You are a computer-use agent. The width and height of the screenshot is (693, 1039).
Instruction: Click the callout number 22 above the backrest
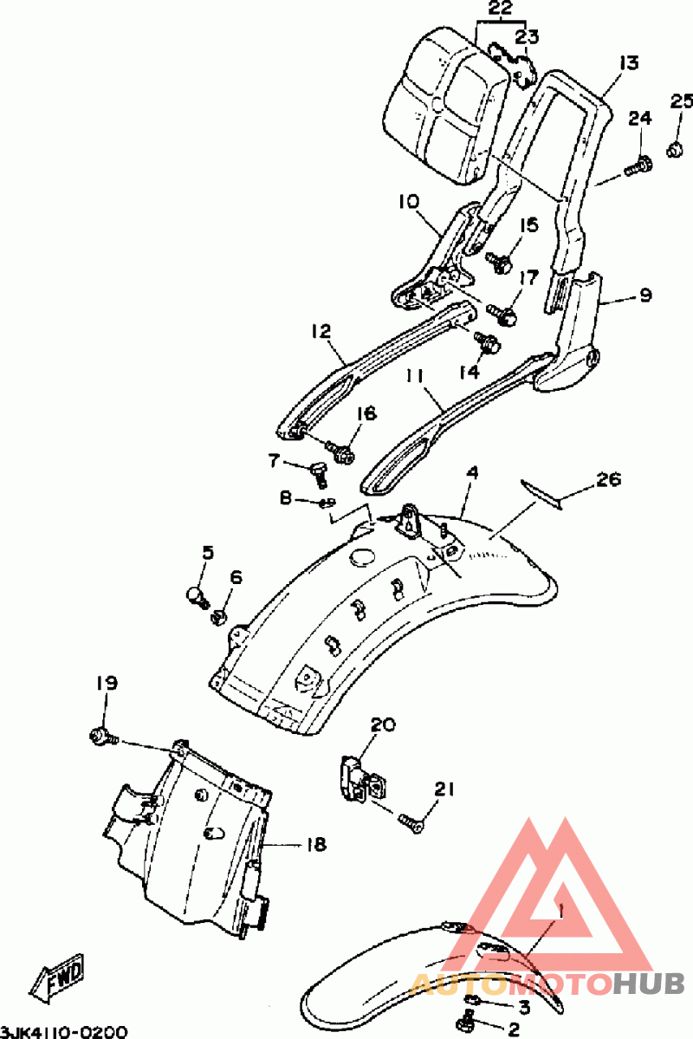pyautogui.click(x=500, y=9)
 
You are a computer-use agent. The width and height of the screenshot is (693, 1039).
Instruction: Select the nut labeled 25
pyautogui.click(x=675, y=150)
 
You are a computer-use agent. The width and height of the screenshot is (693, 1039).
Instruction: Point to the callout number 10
pyautogui.click(x=410, y=201)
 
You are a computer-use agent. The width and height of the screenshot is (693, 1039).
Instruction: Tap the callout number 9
pyautogui.click(x=645, y=295)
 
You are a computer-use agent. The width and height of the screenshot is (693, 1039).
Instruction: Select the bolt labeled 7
pyautogui.click(x=320, y=472)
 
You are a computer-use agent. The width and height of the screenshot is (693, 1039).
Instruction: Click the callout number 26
pyautogui.click(x=609, y=478)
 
